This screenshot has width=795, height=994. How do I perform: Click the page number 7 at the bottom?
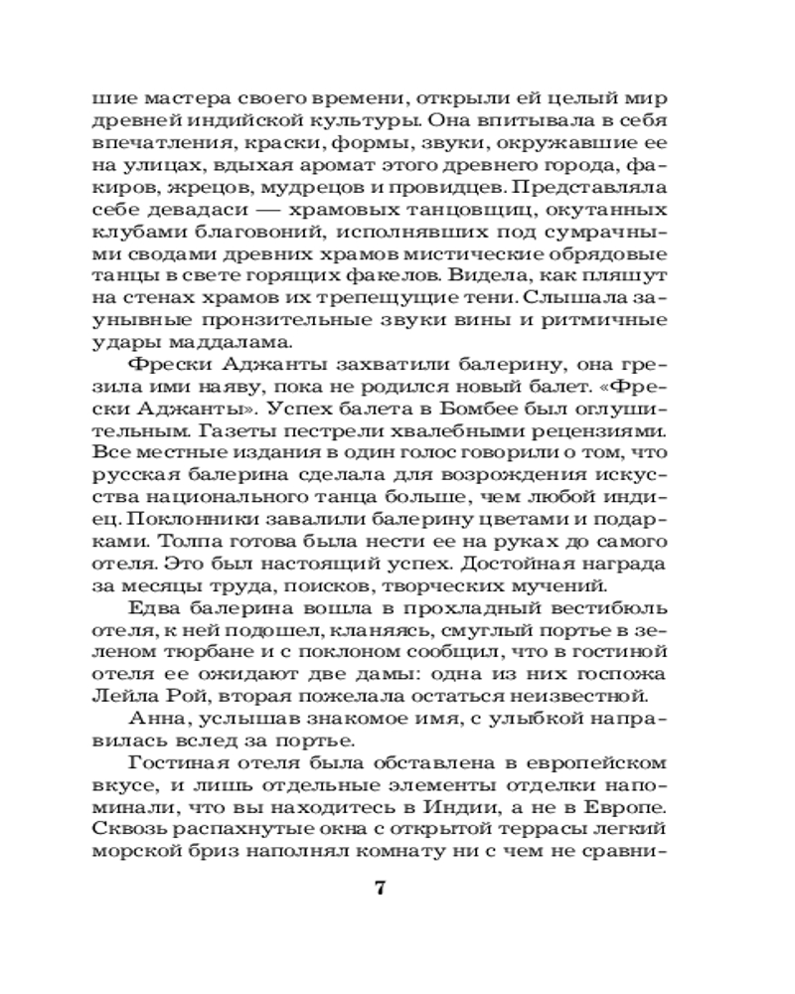379,888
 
